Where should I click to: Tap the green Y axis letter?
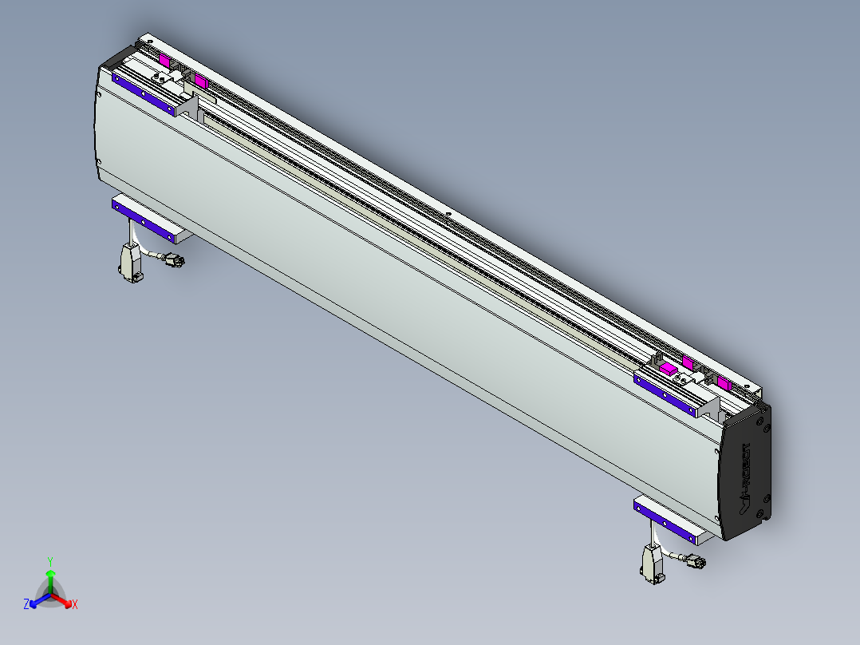pos(50,561)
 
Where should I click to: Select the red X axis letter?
pos(75,605)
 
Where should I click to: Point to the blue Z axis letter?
pos(26,605)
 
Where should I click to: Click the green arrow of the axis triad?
pos(50,579)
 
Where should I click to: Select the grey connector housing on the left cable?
pos(130,262)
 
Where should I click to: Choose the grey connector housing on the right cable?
pos(652,562)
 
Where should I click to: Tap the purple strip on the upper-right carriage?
pos(665,392)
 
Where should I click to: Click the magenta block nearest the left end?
pos(164,60)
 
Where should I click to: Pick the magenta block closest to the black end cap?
pos(723,383)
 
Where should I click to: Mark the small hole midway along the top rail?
pos(450,213)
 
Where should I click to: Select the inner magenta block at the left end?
pos(201,82)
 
